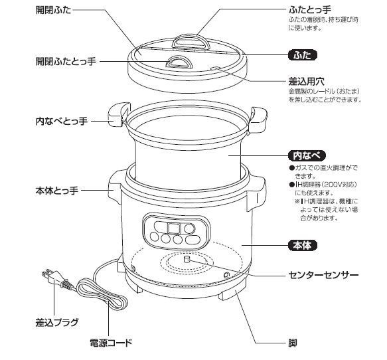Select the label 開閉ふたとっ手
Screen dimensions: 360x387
(x=66, y=60)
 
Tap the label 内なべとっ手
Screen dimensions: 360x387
(x=60, y=122)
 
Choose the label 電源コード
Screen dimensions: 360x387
(x=111, y=343)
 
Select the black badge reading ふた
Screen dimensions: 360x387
(x=302, y=55)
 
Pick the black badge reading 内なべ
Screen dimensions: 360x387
(x=306, y=155)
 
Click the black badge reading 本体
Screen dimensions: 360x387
(x=303, y=246)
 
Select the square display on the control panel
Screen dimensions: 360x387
(x=174, y=228)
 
